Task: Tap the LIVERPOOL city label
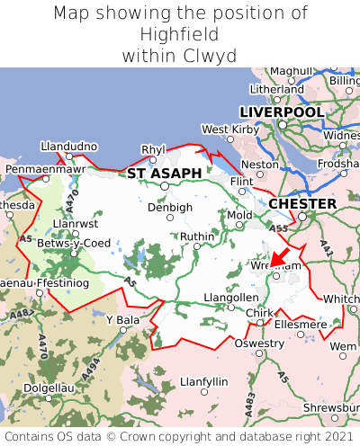pyautogui.click(x=281, y=111)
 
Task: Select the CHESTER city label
pyautogui.click(x=302, y=204)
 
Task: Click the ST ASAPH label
pyautogui.click(x=164, y=173)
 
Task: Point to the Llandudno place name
pyautogui.click(x=68, y=146)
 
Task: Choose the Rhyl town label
pyautogui.click(x=154, y=149)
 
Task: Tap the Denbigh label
pyautogui.click(x=170, y=207)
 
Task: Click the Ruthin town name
pyautogui.click(x=197, y=236)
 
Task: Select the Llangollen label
pyautogui.click(x=231, y=297)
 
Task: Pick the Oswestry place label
pyautogui.click(x=258, y=343)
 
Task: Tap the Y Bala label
pyautogui.click(x=122, y=319)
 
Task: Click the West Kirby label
pyautogui.click(x=229, y=129)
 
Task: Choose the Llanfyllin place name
pyautogui.click(x=204, y=381)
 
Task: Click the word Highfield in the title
pyautogui.click(x=180, y=34)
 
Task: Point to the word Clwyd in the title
pyautogui.click(x=209, y=56)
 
